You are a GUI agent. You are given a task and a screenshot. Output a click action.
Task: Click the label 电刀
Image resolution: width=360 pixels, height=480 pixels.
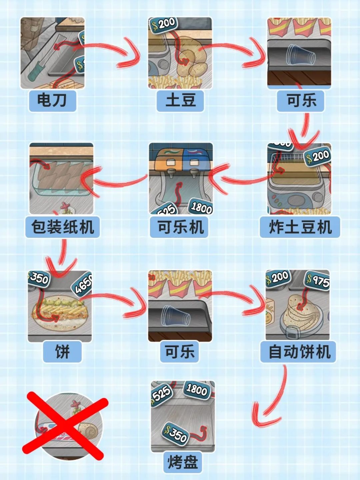52,100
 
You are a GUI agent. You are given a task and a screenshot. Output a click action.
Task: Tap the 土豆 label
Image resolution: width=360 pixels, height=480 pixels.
180,100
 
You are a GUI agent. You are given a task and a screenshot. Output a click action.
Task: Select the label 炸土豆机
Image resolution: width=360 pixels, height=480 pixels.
300,227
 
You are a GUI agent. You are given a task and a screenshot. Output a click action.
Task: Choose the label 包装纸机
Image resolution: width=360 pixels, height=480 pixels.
63,227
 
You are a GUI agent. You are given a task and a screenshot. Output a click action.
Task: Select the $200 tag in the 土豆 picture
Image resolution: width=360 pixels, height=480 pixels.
163,24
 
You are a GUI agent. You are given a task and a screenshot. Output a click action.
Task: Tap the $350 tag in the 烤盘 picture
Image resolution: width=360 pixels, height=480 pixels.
176,433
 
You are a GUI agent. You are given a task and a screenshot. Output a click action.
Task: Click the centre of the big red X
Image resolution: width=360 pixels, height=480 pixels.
65,426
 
